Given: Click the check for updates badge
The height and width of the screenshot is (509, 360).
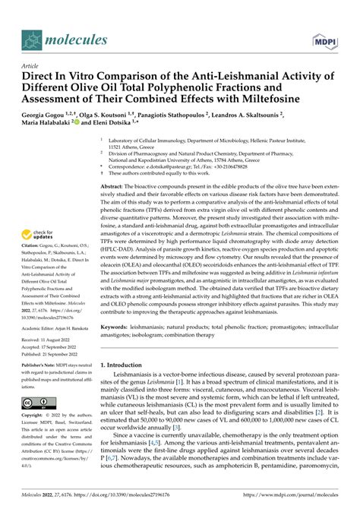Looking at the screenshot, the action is point(40,236).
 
